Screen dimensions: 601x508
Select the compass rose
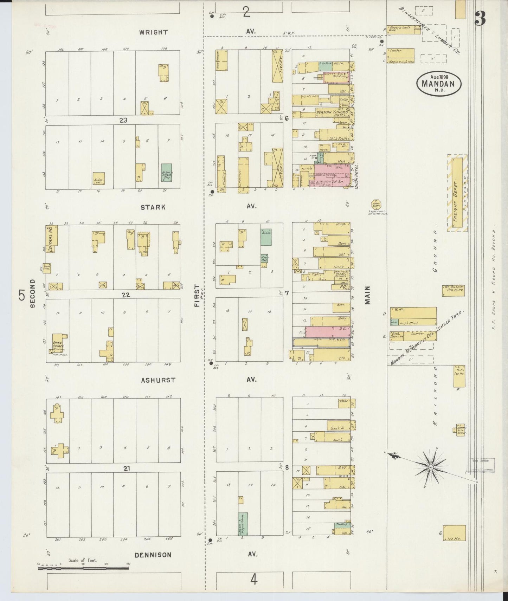click(431, 467)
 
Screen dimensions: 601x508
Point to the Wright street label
click(153, 32)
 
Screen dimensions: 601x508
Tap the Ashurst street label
click(153, 380)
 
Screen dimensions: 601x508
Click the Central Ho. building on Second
click(52, 239)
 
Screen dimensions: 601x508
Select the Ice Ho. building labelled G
click(454, 533)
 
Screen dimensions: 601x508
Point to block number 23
click(123, 120)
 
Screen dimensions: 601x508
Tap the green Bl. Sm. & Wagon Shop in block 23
click(167, 173)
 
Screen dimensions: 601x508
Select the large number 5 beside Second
click(22, 295)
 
